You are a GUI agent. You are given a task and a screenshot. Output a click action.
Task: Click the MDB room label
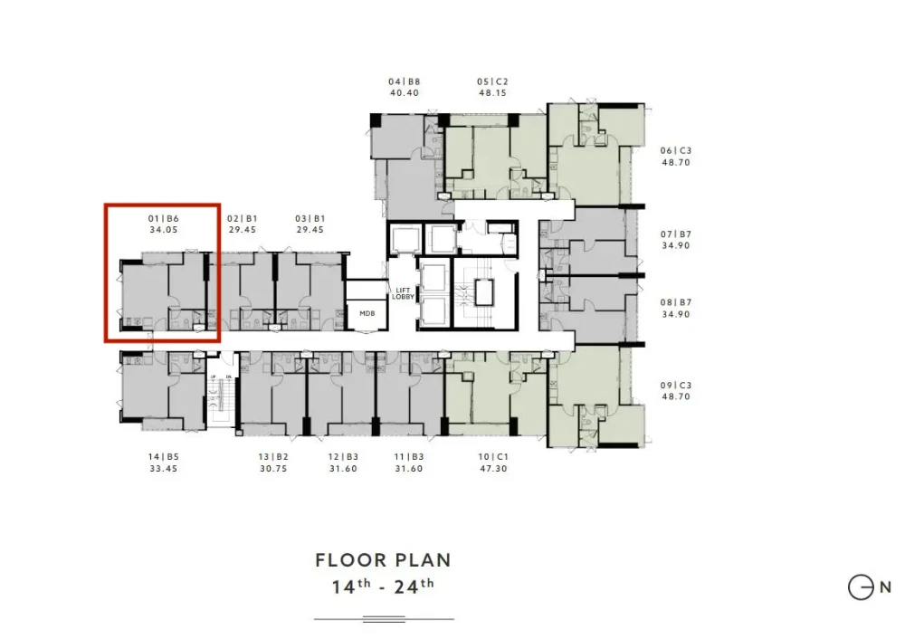click(367, 313)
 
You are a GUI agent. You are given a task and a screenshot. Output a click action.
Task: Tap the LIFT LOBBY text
click(403, 294)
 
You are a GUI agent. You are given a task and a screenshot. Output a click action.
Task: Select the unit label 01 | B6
click(163, 219)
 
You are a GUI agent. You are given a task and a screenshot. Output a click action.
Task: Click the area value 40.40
click(404, 93)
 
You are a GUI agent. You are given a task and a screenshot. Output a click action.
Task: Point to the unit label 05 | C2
click(492, 82)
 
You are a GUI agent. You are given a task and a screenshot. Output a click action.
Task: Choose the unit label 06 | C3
click(676, 150)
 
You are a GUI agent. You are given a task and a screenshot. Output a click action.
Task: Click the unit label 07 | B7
click(676, 234)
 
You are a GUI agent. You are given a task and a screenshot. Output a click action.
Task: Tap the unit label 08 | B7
click(676, 302)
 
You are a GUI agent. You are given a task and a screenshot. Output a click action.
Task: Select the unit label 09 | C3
click(676, 386)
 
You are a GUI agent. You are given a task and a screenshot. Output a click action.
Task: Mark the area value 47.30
click(493, 469)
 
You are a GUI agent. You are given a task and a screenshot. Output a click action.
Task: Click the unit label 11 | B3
click(409, 456)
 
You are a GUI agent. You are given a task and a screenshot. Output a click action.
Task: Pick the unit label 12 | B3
click(343, 456)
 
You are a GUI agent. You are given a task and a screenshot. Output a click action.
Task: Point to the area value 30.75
click(273, 469)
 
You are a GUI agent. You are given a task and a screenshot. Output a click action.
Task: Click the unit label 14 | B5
click(163, 456)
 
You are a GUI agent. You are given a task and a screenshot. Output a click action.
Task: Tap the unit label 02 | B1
click(243, 219)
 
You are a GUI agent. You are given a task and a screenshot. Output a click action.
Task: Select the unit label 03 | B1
click(310, 219)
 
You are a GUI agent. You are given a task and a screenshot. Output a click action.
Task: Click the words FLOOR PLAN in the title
click(383, 560)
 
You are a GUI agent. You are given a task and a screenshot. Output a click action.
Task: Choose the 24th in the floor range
click(414, 587)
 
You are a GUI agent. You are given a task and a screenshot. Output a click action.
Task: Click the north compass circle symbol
click(860, 587)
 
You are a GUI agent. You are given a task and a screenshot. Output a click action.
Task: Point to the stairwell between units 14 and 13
click(222, 396)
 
